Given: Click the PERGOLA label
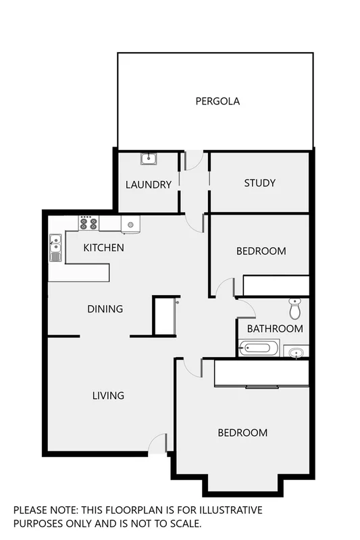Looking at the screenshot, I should point(217,102).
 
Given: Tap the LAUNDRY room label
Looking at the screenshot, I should point(149,184).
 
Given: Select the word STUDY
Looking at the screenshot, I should point(259,183).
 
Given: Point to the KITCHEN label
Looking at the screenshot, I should point(103,248).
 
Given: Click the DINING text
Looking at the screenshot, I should point(105,309).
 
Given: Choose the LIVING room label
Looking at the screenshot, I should point(108,396).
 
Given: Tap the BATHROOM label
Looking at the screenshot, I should point(274,329).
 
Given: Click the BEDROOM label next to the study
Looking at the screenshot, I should point(261,251).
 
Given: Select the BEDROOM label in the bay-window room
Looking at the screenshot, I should point(242,433).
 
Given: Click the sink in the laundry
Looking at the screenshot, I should point(149,159).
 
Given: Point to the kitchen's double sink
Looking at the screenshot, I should point(55,248).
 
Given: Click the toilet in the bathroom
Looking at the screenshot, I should point(294,308).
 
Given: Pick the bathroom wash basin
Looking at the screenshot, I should point(296,352).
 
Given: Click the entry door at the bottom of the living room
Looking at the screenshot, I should point(157,443).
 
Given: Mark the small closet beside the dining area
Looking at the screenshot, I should point(164,316).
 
